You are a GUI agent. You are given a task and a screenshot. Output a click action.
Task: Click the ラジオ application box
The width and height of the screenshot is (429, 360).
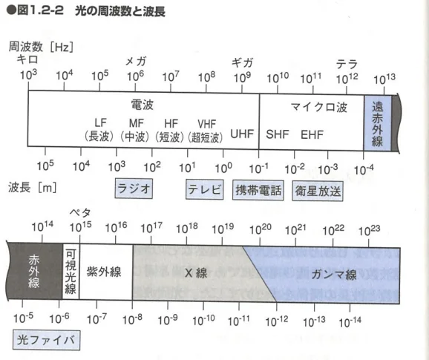click(x=134, y=189)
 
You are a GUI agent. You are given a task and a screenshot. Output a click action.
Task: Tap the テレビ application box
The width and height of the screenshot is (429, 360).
click(x=204, y=189)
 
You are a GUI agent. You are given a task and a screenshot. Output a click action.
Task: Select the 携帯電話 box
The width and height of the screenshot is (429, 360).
click(x=258, y=190)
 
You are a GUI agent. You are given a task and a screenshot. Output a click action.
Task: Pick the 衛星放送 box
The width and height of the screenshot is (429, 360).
click(x=318, y=191)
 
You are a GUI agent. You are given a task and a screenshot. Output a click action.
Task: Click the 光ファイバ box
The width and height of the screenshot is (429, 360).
click(x=46, y=340)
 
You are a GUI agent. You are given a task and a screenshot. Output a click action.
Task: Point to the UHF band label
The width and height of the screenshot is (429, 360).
click(x=242, y=134)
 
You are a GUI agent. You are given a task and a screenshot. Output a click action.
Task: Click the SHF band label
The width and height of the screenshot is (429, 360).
click(x=278, y=134)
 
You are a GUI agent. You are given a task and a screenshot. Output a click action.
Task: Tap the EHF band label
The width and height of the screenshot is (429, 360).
click(x=312, y=134)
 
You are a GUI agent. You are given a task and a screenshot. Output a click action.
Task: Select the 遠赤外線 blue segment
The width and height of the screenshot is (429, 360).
click(x=377, y=122)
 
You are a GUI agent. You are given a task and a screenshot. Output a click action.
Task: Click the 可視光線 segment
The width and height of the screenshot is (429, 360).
click(x=71, y=272)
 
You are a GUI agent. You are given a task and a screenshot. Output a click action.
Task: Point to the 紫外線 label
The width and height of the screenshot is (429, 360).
click(x=104, y=272)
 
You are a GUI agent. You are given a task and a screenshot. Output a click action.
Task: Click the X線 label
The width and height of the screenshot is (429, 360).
click(x=196, y=273)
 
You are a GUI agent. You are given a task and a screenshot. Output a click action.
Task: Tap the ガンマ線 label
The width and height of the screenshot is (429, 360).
click(x=334, y=275)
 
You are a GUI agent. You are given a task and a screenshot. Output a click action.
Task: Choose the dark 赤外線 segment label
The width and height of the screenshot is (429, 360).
click(x=34, y=272)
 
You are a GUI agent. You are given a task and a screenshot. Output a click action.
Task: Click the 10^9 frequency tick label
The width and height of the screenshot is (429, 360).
click(x=243, y=78)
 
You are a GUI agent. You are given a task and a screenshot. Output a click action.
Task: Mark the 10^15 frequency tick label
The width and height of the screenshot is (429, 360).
click(x=80, y=227)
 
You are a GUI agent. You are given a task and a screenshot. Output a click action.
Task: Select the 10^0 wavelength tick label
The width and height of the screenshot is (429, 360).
click(x=223, y=168)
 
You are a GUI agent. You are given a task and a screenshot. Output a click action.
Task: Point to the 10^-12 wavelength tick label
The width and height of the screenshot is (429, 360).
click(x=277, y=321)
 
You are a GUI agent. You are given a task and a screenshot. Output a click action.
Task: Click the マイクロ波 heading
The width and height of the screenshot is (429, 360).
click(x=319, y=107)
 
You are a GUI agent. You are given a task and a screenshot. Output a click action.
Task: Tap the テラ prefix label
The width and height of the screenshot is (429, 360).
click(x=347, y=65)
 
